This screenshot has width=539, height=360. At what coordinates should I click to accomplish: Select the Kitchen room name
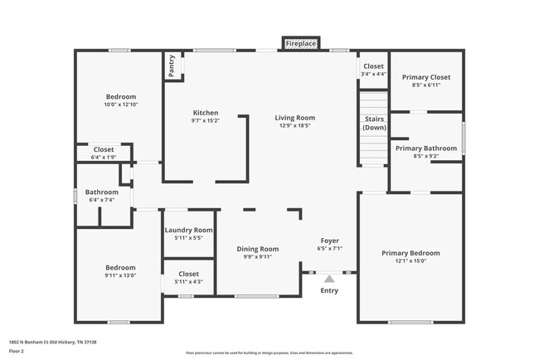click(205, 113)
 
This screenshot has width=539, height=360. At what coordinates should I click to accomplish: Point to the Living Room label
click(294, 118)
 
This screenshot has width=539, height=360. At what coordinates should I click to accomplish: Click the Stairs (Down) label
click(374, 124)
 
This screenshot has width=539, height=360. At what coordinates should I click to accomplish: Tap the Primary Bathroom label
click(425, 148)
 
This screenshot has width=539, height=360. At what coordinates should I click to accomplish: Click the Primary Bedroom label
click(410, 253)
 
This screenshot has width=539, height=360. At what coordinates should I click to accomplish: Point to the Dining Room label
click(257, 249)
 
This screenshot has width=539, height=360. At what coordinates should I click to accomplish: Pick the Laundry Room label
click(188, 230)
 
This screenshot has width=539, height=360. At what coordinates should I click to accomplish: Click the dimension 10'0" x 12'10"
click(120, 105)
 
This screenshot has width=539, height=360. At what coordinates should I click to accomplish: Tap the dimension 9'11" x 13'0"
click(120, 276)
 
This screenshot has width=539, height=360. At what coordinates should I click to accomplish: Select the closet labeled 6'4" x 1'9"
click(104, 157)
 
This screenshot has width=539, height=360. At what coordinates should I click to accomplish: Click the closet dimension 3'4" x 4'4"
click(373, 74)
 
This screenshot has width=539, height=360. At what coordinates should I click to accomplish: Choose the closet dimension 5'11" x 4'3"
click(188, 281)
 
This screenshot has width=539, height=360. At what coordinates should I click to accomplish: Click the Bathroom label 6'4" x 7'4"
click(101, 199)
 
